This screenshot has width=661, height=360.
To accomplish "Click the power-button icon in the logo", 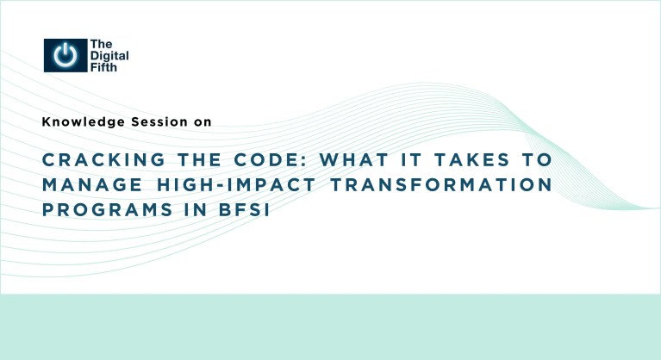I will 65,55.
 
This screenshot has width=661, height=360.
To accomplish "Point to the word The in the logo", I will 100,44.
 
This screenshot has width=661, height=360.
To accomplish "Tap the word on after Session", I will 202,122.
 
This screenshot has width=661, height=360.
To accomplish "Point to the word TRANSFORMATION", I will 418,186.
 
